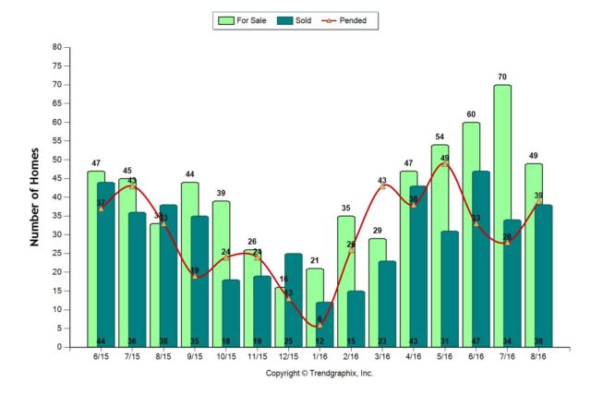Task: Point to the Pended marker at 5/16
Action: pyautogui.click(x=444, y=163)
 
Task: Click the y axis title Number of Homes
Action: pyautogui.click(x=35, y=197)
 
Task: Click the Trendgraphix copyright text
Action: pyautogui.click(x=320, y=374)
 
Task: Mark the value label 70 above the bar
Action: pyautogui.click(x=502, y=77)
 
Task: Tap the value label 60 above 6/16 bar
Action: pyautogui.click(x=471, y=114)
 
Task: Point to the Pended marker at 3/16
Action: pyautogui.click(x=382, y=186)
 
